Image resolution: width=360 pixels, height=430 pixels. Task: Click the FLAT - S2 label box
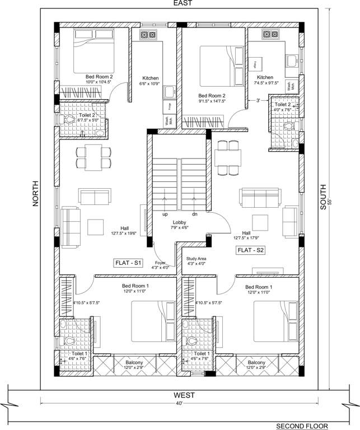(250, 250)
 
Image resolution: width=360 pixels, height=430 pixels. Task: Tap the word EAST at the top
(183, 3)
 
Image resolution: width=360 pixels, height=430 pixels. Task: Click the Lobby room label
(179, 222)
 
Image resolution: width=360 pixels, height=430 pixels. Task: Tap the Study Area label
(197, 258)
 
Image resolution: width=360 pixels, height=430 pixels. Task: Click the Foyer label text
(160, 262)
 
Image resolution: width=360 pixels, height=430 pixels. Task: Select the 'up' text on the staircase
(165, 214)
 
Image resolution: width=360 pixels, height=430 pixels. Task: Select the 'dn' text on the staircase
(194, 214)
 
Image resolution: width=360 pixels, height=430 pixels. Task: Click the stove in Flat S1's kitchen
(148, 35)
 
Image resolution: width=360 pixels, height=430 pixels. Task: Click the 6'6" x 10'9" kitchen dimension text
(150, 84)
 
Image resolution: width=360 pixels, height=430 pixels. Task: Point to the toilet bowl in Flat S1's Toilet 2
(70, 119)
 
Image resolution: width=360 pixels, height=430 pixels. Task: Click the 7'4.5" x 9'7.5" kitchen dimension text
(265, 83)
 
